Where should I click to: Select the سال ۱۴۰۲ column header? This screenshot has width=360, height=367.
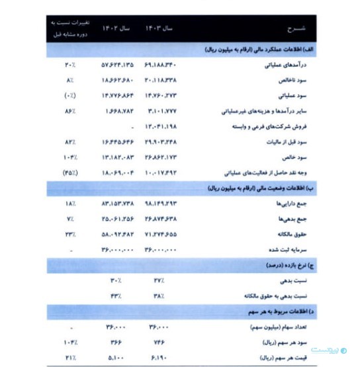coord(114,29)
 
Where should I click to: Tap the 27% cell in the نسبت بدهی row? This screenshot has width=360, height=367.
coord(159,280)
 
